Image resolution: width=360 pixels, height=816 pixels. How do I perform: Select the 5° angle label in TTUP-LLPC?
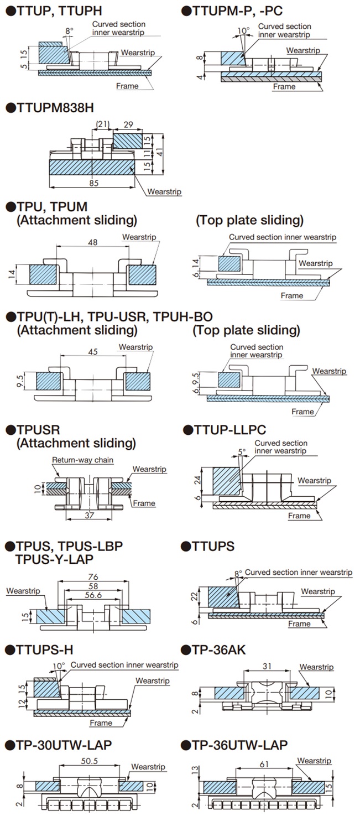(x=241, y=451)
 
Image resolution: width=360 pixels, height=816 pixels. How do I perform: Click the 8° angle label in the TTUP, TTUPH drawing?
(x=68, y=32)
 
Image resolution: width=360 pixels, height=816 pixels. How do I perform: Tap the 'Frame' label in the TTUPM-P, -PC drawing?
(x=284, y=86)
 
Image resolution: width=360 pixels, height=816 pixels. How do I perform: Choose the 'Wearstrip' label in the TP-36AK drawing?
(x=316, y=667)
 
